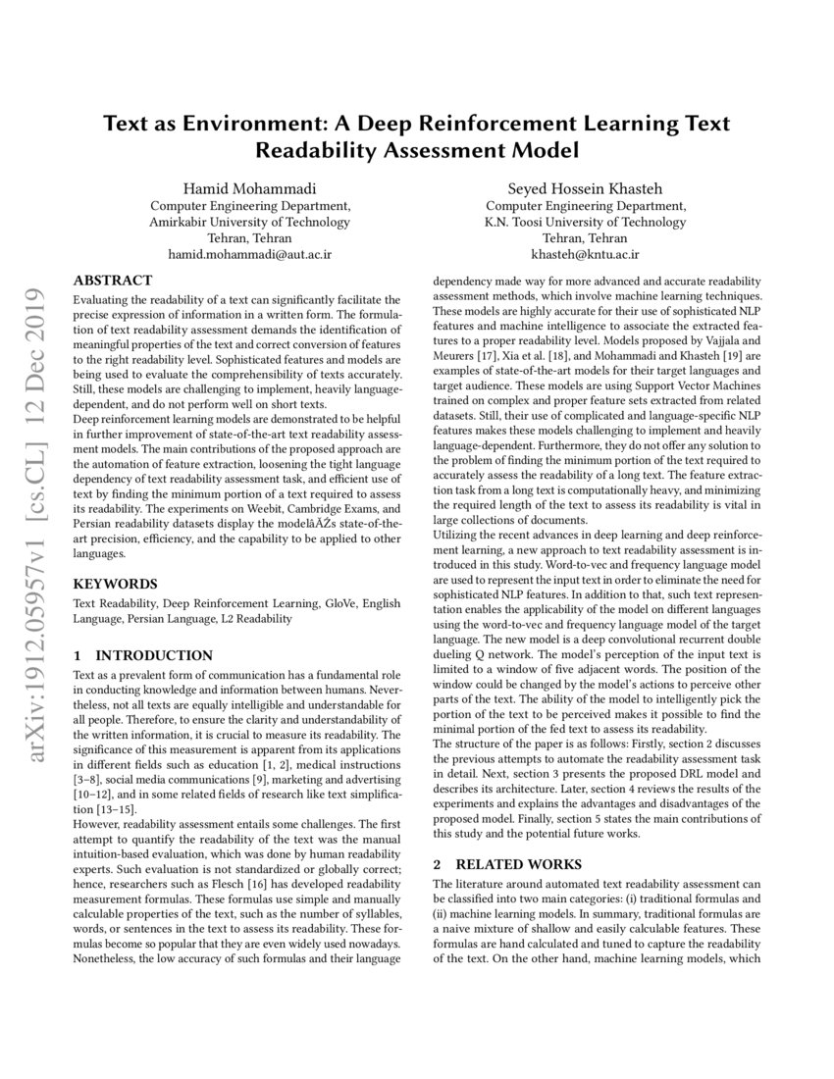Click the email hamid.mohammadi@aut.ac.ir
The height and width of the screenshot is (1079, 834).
(249, 254)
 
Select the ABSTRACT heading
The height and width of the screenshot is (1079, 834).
(113, 280)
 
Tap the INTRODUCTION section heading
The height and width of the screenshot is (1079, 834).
(151, 655)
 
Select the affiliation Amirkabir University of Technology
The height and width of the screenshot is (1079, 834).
(249, 222)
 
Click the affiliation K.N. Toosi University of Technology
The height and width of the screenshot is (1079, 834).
(586, 222)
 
